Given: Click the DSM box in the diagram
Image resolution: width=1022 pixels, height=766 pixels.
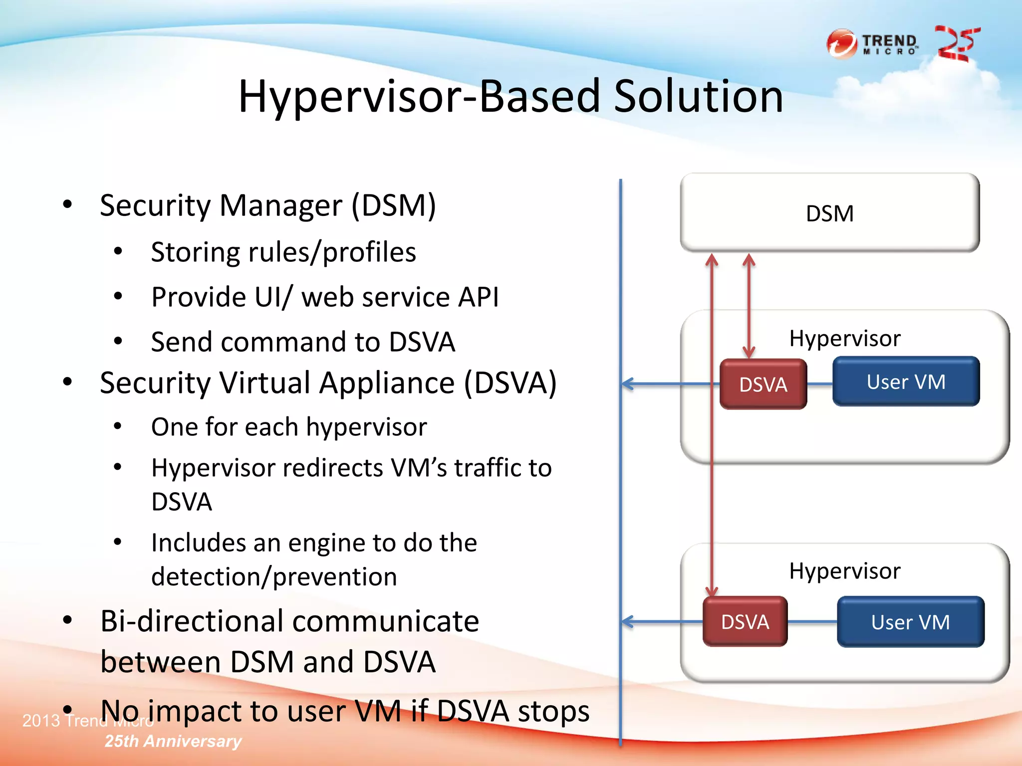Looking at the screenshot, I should pos(829,213).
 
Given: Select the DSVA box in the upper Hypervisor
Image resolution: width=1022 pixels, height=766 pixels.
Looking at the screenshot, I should pos(763,384).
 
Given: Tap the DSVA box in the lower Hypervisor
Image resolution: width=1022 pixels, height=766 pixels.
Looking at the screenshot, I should pos(745,622).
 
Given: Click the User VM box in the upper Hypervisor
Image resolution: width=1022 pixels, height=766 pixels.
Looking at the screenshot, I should pos(906,382).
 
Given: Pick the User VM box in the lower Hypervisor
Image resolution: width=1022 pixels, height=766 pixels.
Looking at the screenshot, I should pos(910,622).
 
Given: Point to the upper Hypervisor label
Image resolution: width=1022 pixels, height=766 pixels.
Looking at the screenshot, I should pos(844,339).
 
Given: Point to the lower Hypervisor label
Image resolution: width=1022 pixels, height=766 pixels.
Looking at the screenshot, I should pos(844,571).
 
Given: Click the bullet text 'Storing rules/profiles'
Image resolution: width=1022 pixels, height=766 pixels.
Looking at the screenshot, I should pos(283,252).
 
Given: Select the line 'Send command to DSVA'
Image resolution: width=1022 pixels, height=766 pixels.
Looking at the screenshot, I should pos(303,342).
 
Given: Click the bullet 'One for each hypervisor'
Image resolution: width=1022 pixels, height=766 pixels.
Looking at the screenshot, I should pos(289,427).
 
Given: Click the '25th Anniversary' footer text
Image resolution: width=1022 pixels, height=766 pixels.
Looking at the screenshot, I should pos(173,741).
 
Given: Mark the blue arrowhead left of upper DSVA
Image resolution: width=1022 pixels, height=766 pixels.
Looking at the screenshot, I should pos(627,383).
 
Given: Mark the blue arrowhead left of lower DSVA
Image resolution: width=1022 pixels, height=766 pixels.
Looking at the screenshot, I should pos(627,621).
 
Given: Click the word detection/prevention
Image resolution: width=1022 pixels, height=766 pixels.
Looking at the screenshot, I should pos(274,577).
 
